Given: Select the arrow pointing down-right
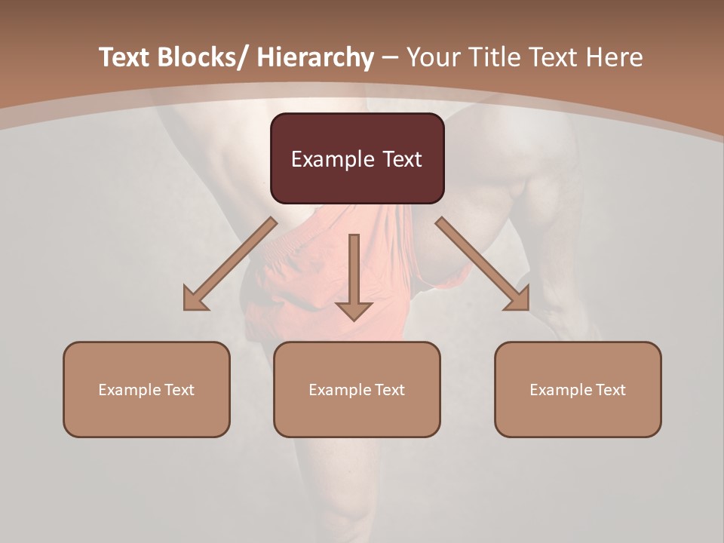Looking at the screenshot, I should [483, 264].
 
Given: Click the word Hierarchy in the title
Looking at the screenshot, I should [315, 57].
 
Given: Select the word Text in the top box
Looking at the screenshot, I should [402, 159].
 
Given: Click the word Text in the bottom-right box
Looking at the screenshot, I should [610, 390].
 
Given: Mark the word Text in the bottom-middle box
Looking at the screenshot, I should [389, 390].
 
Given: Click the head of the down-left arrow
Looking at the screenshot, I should [194, 301].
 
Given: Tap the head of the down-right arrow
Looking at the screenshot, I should [518, 299].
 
